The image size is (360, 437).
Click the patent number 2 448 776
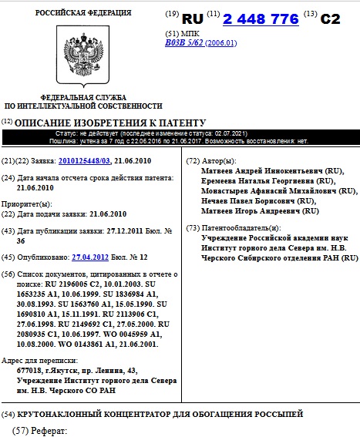coord(261,18)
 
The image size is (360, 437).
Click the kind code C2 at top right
coord(329,18)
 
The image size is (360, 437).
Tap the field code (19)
coord(172,15)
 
